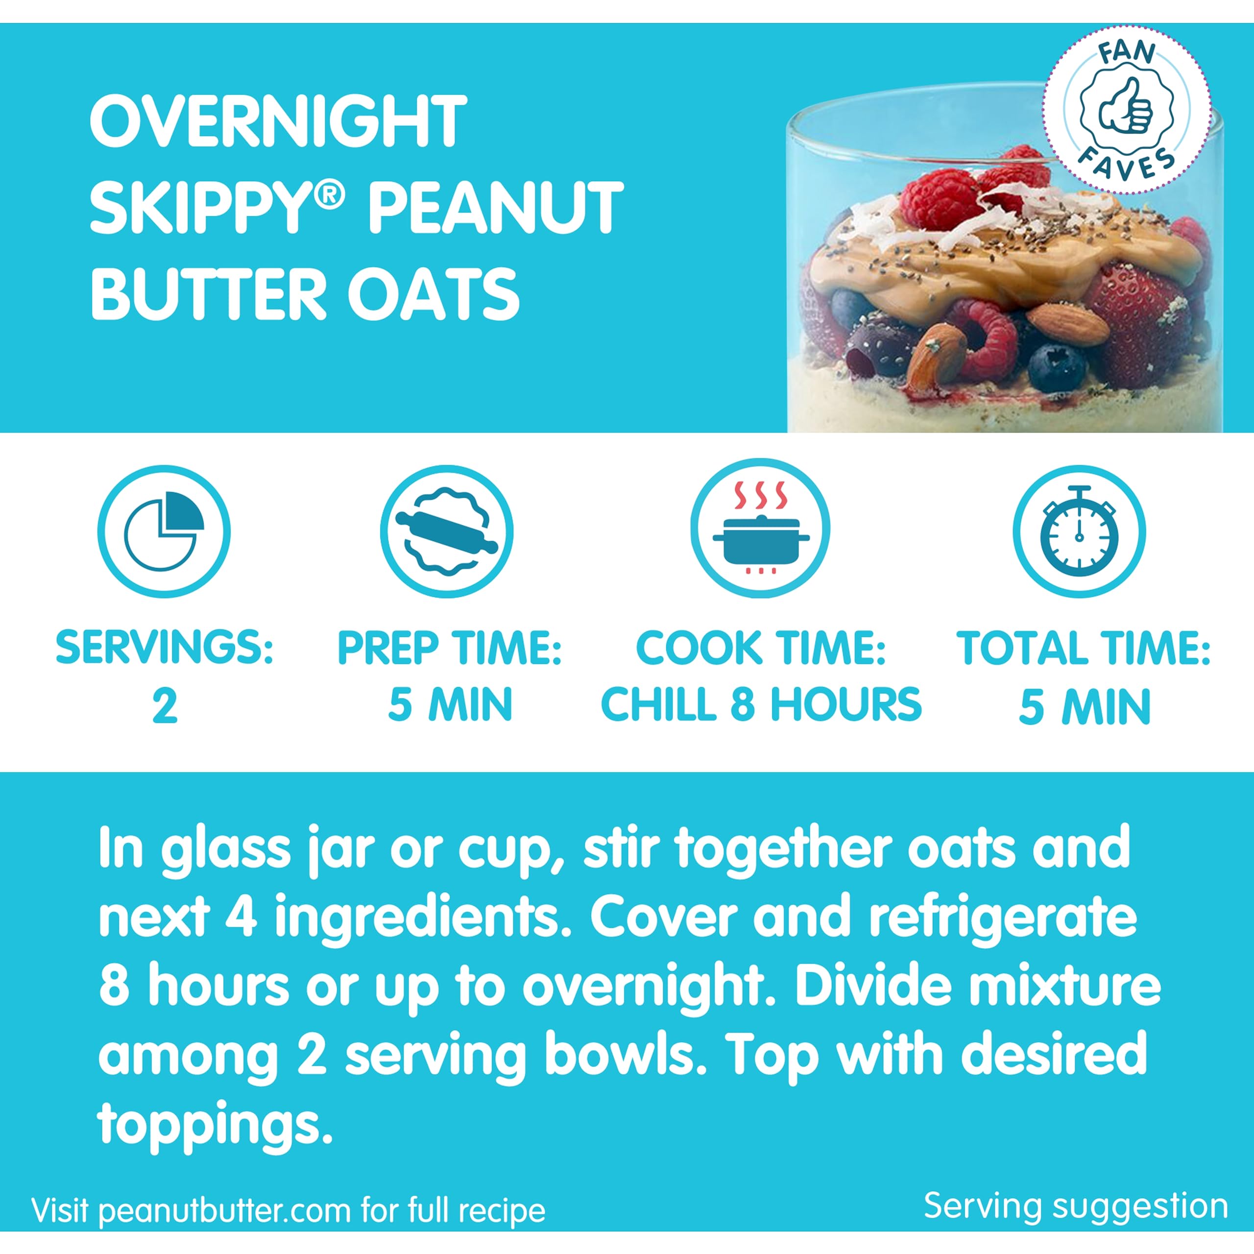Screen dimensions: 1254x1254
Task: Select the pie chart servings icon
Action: pos(164,531)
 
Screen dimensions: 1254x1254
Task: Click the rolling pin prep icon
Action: pos(447,531)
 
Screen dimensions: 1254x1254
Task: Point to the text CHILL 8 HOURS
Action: pos(761,705)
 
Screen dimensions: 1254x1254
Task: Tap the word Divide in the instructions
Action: pos(874,985)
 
